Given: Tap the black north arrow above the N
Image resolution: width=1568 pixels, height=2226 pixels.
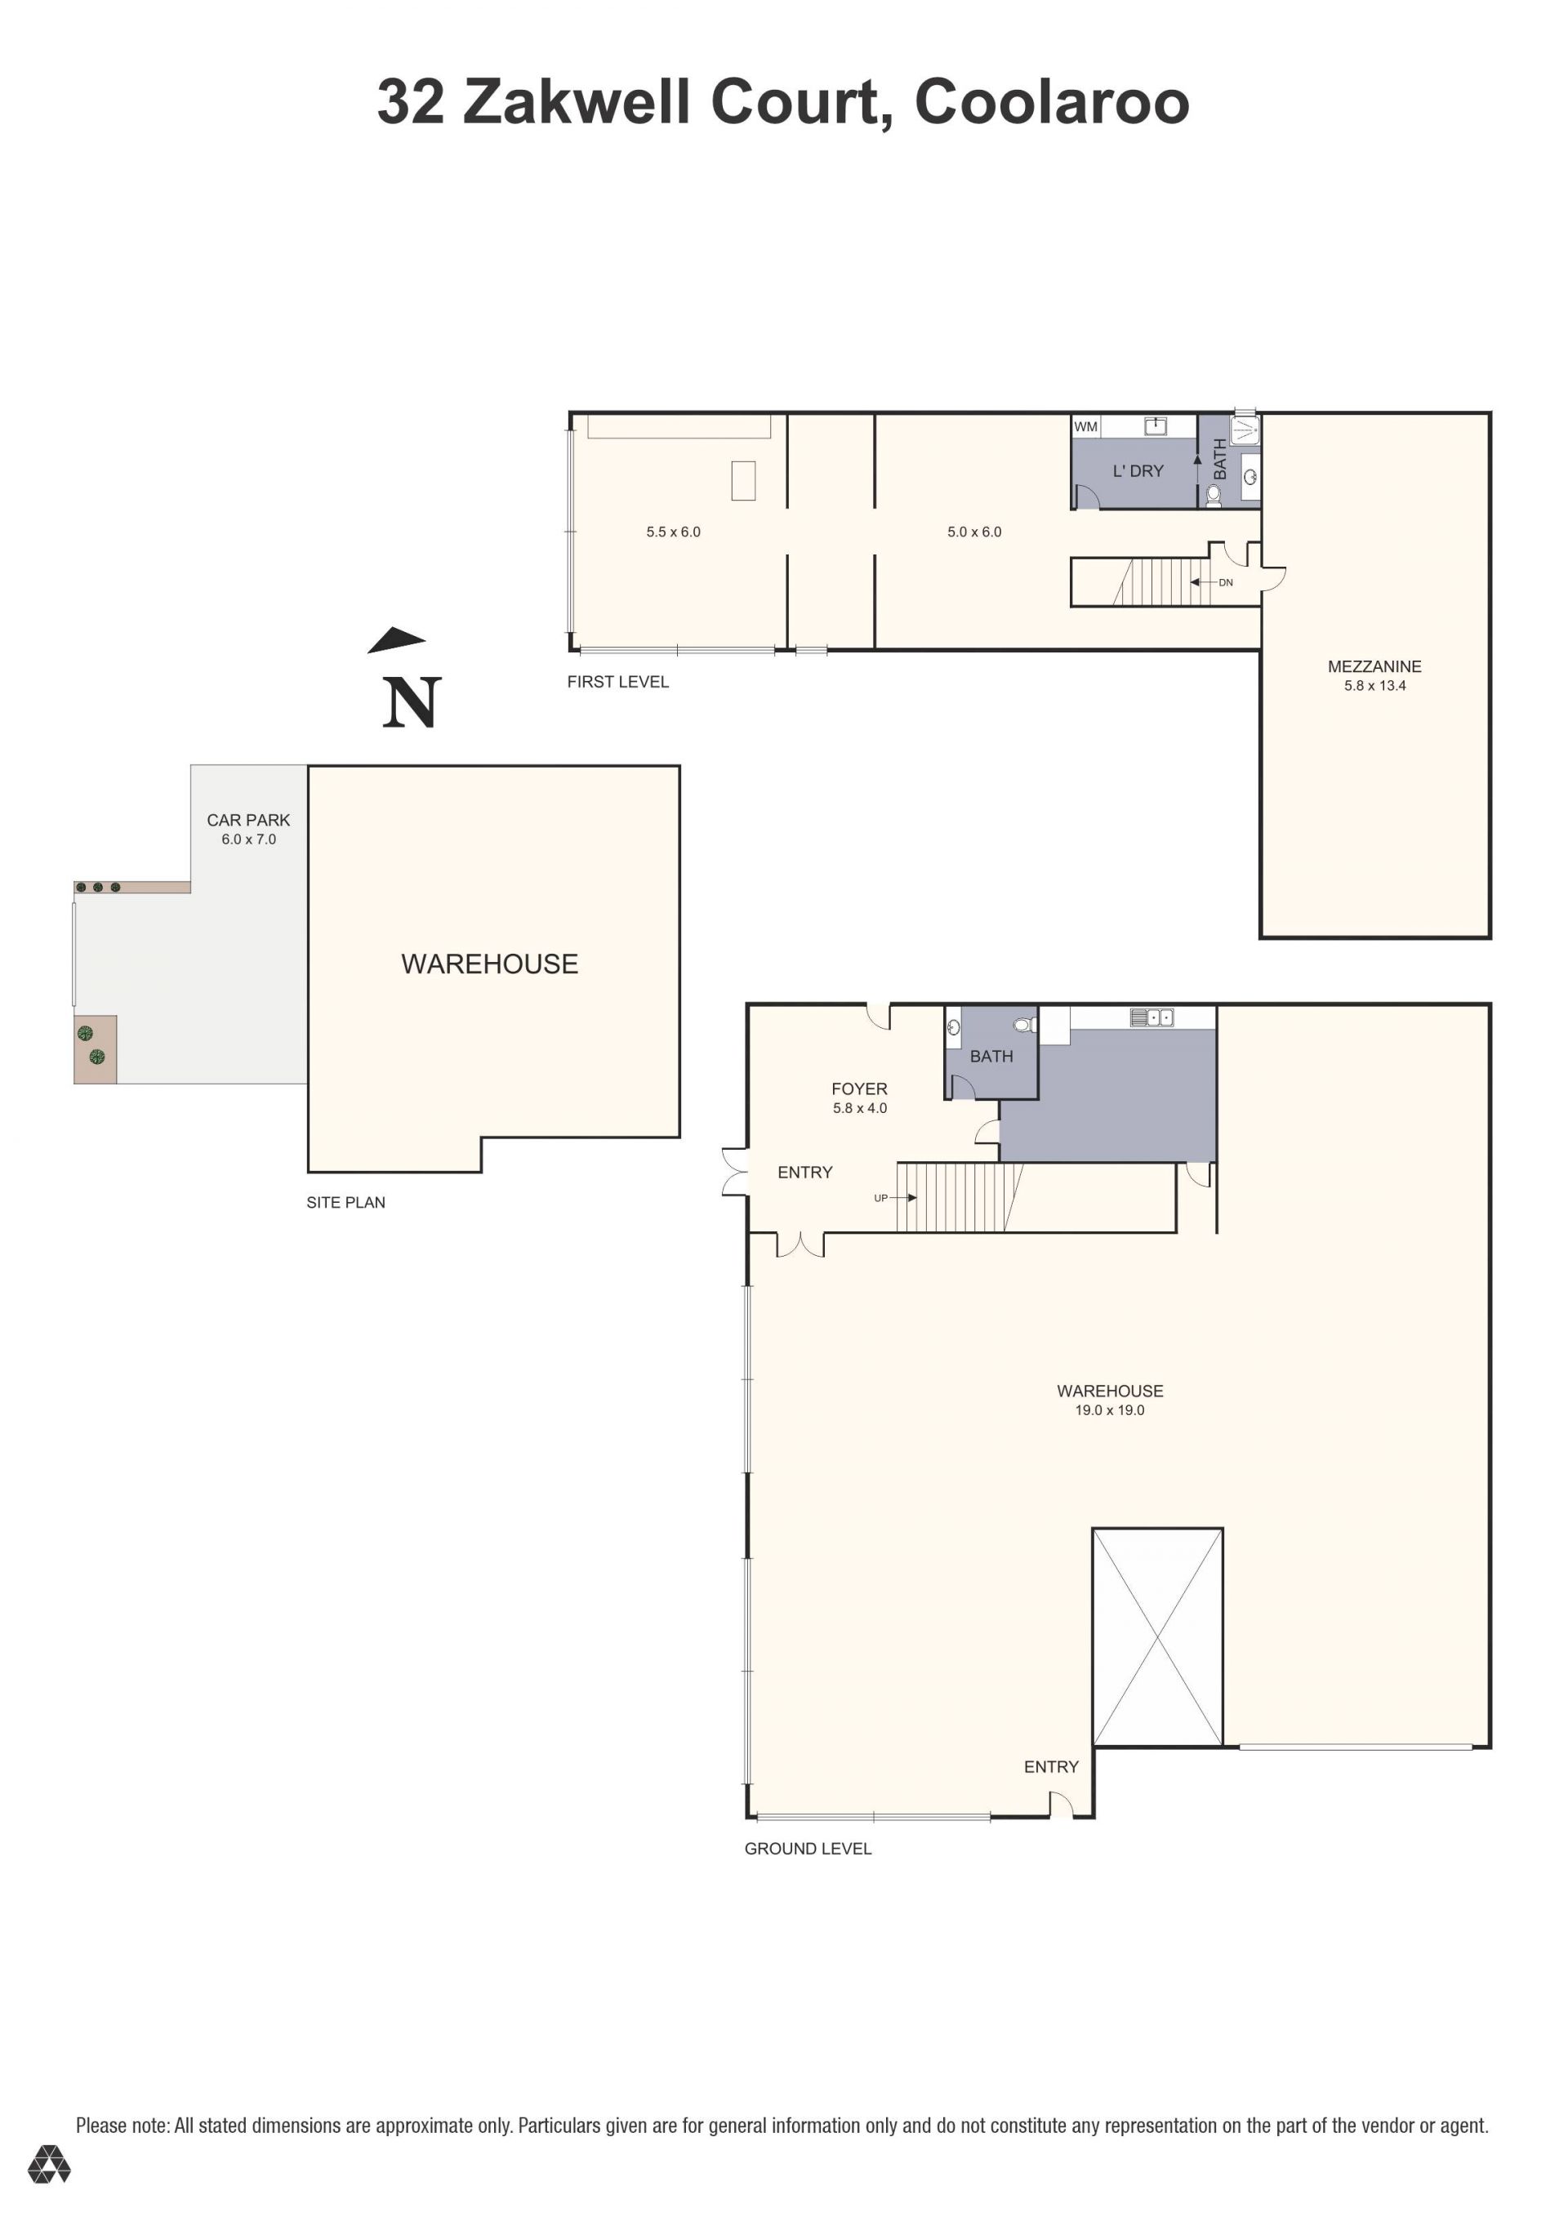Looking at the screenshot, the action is click(397, 640).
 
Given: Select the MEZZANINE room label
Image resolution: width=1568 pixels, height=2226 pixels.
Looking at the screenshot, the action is click(1374, 667).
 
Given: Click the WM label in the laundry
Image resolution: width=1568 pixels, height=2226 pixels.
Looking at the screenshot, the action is click(1085, 426).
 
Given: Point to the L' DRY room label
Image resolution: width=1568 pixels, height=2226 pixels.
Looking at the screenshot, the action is click(1138, 471).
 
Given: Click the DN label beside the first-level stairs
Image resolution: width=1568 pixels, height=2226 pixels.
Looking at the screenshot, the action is click(1226, 583).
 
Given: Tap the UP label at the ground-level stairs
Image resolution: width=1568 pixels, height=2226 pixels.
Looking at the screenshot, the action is click(880, 1198).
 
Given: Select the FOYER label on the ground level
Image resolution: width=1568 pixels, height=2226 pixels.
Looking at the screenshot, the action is click(859, 1090).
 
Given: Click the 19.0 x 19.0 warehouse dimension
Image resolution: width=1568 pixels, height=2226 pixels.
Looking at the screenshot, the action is click(1109, 1410).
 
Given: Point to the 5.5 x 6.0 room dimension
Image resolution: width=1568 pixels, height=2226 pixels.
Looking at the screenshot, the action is click(673, 532).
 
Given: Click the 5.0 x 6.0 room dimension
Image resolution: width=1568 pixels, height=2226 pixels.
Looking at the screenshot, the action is click(973, 532).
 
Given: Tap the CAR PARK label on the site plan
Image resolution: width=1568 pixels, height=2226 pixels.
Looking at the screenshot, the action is click(248, 820).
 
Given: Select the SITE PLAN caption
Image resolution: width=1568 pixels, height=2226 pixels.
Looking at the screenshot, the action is click(346, 1202).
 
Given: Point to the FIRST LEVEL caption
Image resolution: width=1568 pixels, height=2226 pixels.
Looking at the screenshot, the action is click(617, 683).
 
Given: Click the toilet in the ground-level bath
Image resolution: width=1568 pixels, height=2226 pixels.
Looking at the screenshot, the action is click(1024, 1025).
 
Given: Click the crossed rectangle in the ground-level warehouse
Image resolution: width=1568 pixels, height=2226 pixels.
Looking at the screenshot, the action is click(1157, 1639).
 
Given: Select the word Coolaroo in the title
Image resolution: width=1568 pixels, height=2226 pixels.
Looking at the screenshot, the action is click(1051, 102).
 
